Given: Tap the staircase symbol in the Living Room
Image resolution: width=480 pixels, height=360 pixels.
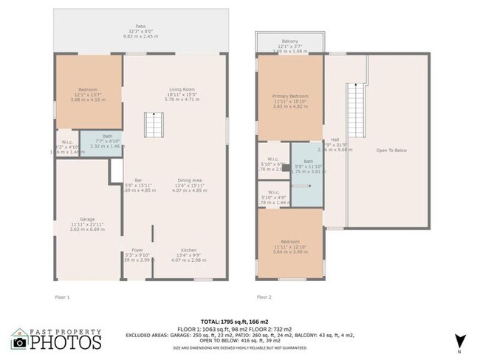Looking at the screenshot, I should (152, 125).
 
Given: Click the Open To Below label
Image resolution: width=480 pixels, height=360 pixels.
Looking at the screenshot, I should (391, 150).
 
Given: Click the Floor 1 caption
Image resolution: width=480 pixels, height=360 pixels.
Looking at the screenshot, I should (63, 297).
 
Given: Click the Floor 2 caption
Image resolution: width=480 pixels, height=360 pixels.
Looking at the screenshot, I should (264, 297).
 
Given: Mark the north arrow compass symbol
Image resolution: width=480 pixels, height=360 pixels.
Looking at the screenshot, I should (460, 342).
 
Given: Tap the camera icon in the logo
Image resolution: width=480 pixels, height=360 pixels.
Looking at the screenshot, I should (20, 342).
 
